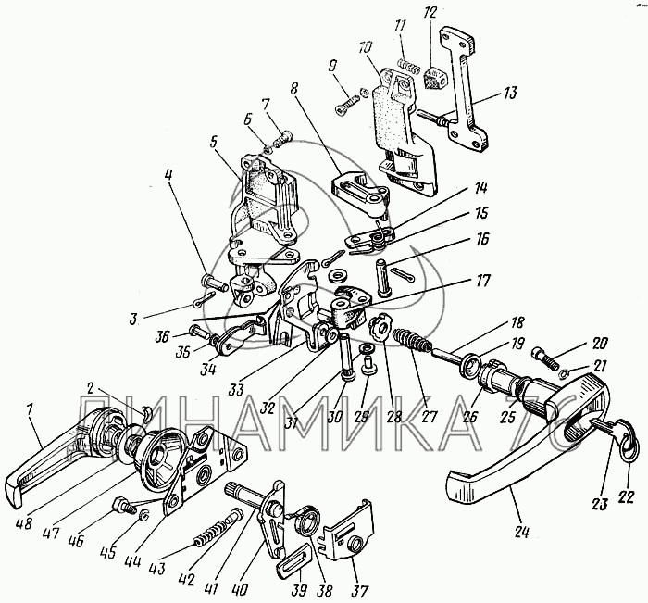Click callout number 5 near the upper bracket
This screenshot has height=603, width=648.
(x=214, y=144)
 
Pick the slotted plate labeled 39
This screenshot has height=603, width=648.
(x=293, y=562)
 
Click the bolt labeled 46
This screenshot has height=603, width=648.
(x=120, y=505)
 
